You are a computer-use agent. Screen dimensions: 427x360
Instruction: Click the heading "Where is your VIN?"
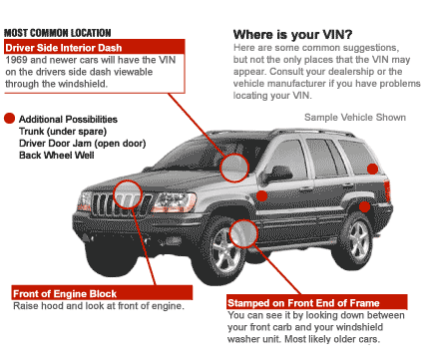point(292,35)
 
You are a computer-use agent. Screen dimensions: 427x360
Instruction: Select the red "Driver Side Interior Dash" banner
point(95,48)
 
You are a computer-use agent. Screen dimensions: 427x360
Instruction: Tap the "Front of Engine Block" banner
point(102,293)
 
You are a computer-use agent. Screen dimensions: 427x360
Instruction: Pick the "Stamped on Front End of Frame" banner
point(317,302)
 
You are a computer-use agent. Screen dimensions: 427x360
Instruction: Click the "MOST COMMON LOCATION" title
point(58,33)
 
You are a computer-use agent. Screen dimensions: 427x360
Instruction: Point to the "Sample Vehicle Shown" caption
point(355,118)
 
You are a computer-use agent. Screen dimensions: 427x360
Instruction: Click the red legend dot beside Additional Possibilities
point(10,119)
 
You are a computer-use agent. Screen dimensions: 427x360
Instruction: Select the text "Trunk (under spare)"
point(63,132)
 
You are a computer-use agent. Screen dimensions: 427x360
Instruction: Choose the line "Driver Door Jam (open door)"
point(83,144)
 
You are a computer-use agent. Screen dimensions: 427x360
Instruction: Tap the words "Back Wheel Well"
point(57,156)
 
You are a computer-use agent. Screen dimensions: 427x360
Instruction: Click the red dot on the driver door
point(262,196)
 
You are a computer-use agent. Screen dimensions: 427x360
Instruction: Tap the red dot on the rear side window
point(372,169)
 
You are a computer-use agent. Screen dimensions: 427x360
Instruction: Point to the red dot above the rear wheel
point(365,206)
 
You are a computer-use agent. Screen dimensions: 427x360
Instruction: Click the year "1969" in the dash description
point(16,60)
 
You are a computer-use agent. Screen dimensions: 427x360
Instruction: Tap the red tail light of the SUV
point(387,190)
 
